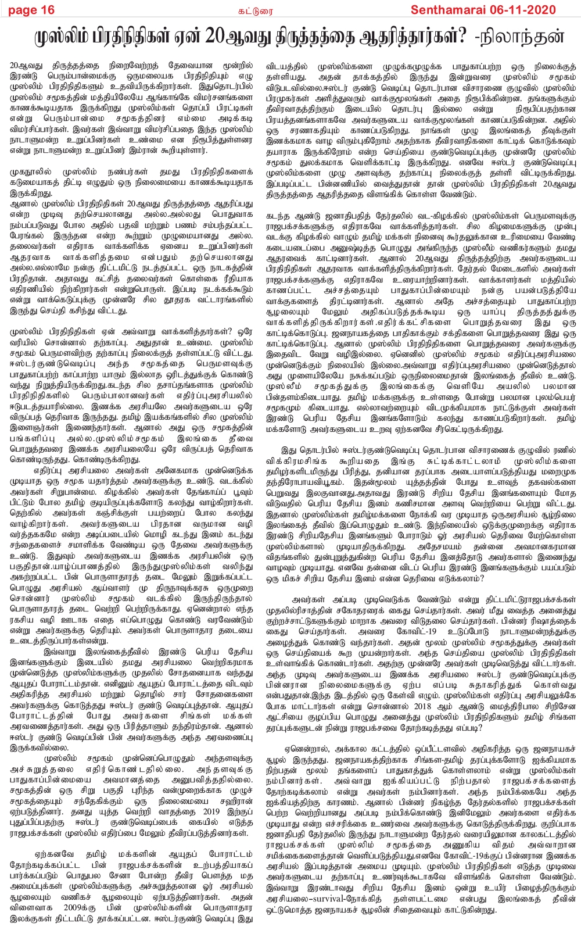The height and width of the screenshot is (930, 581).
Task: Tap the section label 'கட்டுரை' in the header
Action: pos(290,9)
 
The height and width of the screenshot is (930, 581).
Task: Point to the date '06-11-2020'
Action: pos(526,9)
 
